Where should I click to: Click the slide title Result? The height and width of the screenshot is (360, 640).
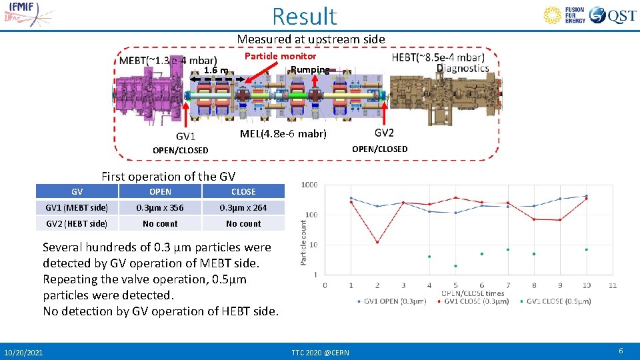[x=305, y=15]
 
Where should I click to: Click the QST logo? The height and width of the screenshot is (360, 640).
[x=613, y=15]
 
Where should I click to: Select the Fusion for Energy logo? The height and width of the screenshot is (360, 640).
[x=565, y=15]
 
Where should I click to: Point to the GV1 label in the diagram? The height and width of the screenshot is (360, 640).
[x=185, y=136]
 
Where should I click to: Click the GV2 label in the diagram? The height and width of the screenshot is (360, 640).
[x=384, y=133]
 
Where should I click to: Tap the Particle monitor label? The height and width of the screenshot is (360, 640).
[x=280, y=56]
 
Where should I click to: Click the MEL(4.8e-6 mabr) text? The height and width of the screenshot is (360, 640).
[x=283, y=133]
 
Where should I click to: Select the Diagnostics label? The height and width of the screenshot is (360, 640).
[x=463, y=68]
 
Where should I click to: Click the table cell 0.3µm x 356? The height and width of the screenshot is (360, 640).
[x=160, y=207]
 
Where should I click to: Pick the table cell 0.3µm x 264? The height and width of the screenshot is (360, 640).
[x=243, y=207]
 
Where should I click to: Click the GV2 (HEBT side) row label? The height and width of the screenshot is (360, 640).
[x=76, y=223]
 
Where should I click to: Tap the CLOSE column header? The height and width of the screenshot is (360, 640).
[x=243, y=191]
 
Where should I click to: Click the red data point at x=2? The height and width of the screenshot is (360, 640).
[x=377, y=242]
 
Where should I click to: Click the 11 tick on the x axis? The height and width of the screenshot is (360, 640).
[x=613, y=285]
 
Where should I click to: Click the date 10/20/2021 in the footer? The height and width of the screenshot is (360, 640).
[x=23, y=352]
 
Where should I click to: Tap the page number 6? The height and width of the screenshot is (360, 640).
[x=621, y=351]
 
